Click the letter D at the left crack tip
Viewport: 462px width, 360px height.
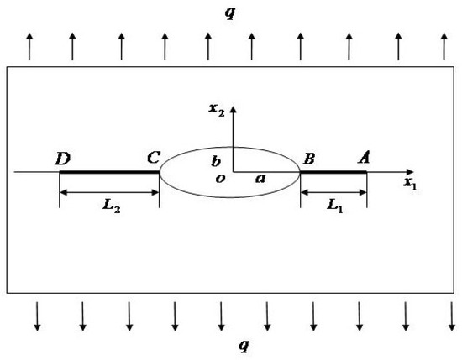tap(62, 158)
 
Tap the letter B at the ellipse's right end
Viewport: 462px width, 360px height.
tap(310, 158)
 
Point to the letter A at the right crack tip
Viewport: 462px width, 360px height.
tap(365, 157)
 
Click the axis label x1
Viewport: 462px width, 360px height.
tap(409, 182)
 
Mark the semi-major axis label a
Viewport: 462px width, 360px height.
tap(260, 178)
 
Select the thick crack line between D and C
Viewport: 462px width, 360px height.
tap(109, 172)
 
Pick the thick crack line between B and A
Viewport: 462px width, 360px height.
tap(333, 172)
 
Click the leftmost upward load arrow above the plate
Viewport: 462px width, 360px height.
tap(30, 46)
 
